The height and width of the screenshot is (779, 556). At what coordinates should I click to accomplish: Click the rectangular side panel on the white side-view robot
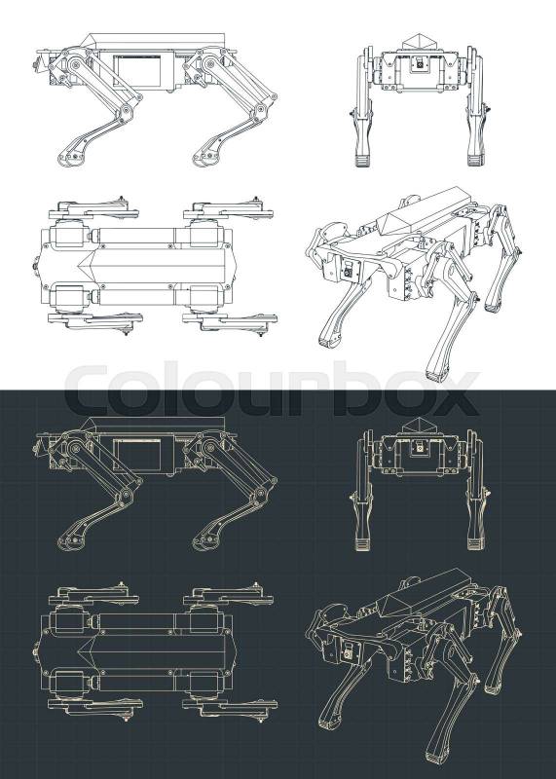click(137, 70)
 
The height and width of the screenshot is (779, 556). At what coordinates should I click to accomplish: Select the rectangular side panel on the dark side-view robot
click(137, 456)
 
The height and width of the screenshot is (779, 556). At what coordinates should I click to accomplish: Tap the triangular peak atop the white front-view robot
click(419, 42)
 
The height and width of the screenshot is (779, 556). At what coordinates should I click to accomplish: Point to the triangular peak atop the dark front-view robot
click(419, 426)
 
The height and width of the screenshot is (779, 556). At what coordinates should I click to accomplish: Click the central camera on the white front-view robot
click(420, 63)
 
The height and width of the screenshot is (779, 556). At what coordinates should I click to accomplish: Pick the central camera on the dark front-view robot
click(420, 448)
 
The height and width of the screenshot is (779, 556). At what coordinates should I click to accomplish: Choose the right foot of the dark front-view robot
click(475, 543)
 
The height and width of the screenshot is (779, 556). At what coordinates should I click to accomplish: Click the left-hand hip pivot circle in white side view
click(75, 63)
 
